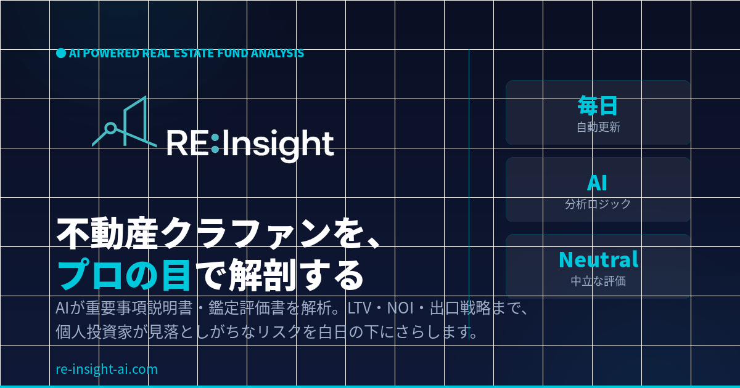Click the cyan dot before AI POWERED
61,53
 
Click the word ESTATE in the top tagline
193,53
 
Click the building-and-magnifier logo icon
125,121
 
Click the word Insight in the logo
278,145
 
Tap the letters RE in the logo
187,143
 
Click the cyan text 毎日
598,105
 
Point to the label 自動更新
598,127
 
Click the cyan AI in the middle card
597,183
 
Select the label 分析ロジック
598,204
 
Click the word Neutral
598,260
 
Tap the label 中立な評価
598,281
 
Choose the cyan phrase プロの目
124,275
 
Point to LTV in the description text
360,308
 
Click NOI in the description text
400,308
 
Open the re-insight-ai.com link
107,369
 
